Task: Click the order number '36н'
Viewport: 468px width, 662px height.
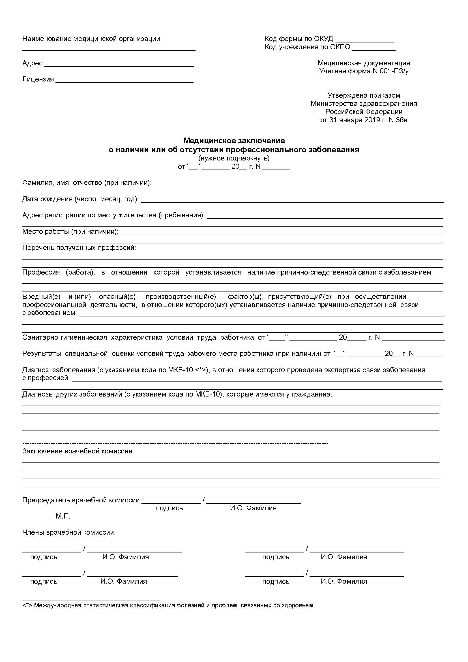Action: (402, 120)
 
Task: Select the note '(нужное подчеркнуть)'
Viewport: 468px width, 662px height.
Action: (234, 158)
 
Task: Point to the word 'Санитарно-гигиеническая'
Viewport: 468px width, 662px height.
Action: (65, 337)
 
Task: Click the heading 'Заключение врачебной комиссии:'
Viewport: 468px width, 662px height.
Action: (78, 451)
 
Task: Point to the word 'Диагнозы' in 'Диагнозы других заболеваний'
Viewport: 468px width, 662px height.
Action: (36, 395)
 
